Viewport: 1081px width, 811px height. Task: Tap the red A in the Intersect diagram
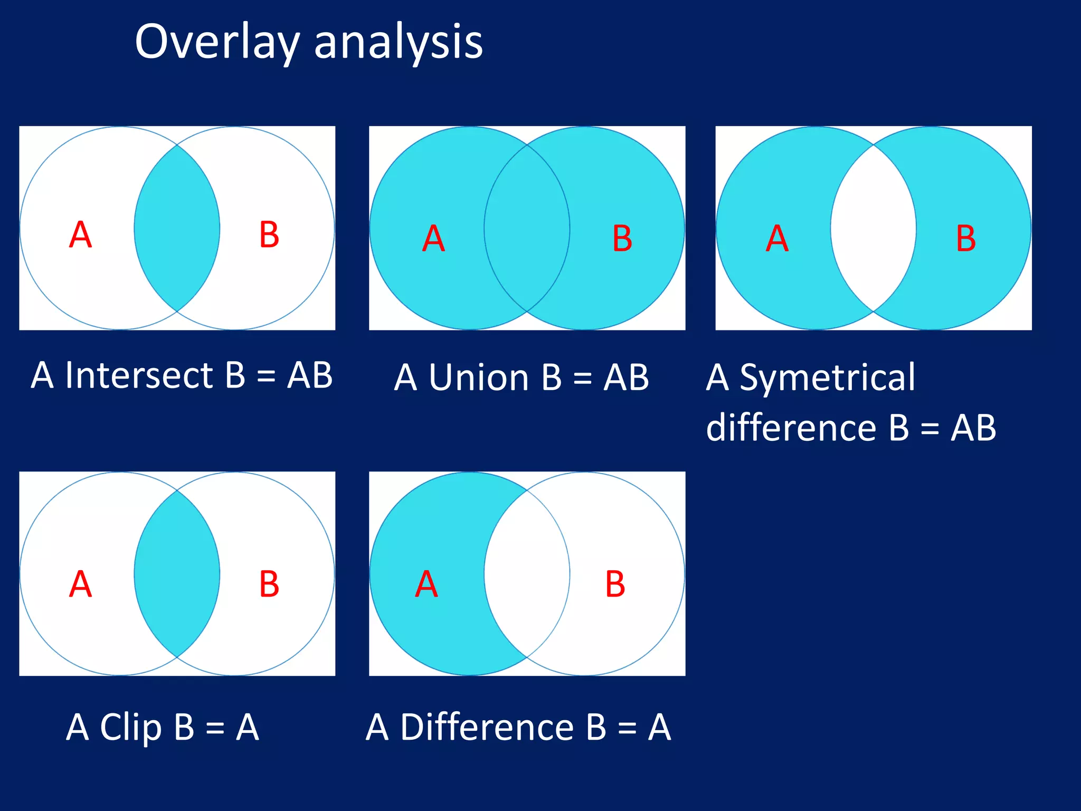coord(81,234)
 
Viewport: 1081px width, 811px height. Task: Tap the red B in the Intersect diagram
coord(269,234)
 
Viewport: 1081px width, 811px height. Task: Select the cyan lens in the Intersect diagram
coord(177,228)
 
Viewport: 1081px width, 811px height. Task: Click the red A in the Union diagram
coord(433,239)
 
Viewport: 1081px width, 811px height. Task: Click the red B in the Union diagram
coord(622,239)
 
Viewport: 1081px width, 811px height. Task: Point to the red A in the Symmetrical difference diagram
coord(777,239)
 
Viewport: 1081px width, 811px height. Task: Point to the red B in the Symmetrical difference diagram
coord(965,239)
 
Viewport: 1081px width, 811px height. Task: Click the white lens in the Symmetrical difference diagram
coord(873,228)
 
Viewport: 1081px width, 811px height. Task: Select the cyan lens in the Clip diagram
coord(177,574)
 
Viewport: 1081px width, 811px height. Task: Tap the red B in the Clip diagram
coord(269,584)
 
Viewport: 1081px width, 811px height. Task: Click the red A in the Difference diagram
coord(426,584)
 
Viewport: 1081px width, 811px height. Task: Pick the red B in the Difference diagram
coord(615,584)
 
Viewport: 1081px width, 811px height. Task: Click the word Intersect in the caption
coord(139,375)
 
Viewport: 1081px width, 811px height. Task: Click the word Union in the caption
coord(479,378)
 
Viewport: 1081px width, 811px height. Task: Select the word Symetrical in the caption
coord(827,378)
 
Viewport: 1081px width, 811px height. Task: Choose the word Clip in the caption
coord(130,727)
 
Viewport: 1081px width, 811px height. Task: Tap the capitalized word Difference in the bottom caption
coord(487,727)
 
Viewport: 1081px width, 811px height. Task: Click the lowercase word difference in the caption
coord(791,427)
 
